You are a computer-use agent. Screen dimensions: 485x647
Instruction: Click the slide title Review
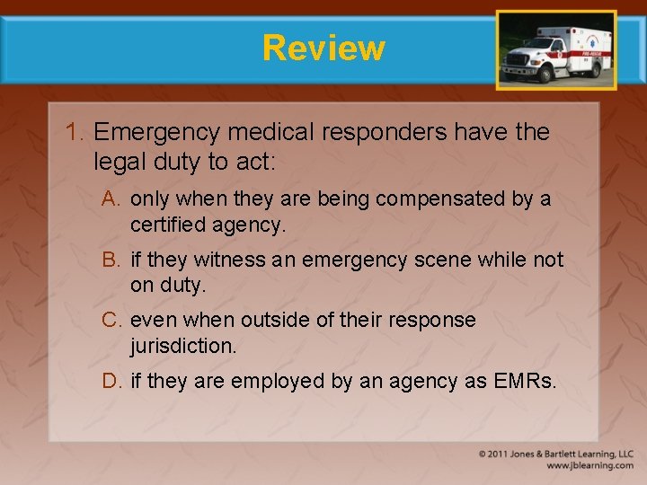pos(323,48)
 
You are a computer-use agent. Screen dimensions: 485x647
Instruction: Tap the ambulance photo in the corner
pos(556,49)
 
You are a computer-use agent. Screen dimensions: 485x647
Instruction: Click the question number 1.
pos(75,133)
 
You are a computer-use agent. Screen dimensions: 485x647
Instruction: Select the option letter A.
pos(112,199)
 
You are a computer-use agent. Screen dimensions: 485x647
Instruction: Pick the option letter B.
pos(112,260)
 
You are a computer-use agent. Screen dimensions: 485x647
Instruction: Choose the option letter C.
pos(112,321)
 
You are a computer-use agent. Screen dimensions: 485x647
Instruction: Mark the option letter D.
pos(112,382)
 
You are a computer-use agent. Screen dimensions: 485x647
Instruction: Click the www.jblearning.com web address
pos(589,465)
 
